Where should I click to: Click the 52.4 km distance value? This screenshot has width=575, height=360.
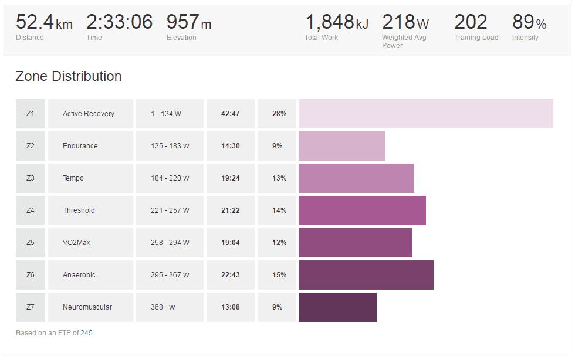[x=43, y=23]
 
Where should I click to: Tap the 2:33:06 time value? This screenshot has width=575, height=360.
[x=119, y=23]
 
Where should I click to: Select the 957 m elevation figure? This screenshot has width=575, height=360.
[x=188, y=23]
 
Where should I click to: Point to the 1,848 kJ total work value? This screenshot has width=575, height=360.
[x=336, y=23]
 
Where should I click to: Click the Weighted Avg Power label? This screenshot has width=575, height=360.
[x=404, y=41]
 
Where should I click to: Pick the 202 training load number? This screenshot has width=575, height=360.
[x=471, y=23]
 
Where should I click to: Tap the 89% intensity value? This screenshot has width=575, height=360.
[x=529, y=23]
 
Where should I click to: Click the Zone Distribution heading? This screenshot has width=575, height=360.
[x=69, y=76]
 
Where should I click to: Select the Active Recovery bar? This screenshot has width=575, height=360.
[x=425, y=114]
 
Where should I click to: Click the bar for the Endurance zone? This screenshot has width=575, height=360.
[x=341, y=146]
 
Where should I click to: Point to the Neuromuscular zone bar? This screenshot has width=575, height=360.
[x=337, y=307]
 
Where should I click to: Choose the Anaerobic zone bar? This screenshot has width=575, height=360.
[x=366, y=275]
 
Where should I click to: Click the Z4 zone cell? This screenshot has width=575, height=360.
[x=31, y=210]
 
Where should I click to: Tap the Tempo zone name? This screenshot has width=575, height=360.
[x=73, y=178]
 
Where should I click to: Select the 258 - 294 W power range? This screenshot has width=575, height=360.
[x=170, y=243]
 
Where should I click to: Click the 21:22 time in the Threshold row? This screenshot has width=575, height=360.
[x=230, y=210]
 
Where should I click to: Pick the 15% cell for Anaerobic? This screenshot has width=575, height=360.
[x=279, y=275]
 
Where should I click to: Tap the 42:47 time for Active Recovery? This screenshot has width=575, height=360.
[x=230, y=114]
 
